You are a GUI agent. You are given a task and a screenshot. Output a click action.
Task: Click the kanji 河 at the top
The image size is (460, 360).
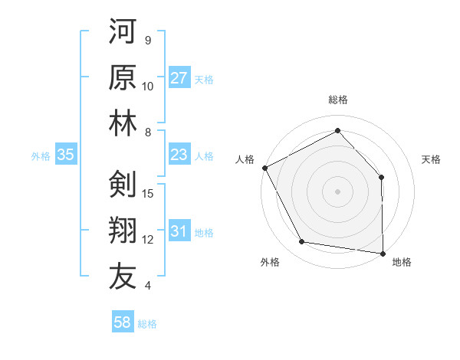click(123, 34)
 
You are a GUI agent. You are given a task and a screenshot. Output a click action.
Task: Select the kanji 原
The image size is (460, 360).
click(123, 80)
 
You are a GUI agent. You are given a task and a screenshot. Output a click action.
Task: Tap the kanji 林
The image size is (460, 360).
click(123, 125)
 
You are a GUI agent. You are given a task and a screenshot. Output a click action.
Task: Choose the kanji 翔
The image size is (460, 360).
click(123, 231)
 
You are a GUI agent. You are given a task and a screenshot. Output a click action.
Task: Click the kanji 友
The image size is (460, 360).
click(123, 277)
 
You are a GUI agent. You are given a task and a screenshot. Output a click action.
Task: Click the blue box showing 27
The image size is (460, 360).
click(179, 79)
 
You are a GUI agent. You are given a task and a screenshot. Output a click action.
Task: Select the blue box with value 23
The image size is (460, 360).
click(179, 155)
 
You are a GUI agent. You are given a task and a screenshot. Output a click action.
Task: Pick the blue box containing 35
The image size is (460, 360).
click(65, 155)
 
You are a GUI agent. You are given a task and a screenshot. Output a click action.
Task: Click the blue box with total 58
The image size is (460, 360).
click(123, 323)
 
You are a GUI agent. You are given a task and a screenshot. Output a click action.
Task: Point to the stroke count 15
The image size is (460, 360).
click(149, 194)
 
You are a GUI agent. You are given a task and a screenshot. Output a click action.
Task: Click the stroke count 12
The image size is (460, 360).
click(149, 240)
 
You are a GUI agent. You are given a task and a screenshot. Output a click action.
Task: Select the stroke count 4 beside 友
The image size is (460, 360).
click(147, 286)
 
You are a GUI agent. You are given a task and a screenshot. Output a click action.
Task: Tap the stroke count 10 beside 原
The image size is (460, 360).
click(149, 87)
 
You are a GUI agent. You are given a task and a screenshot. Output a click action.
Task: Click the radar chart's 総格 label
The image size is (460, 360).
click(337, 100)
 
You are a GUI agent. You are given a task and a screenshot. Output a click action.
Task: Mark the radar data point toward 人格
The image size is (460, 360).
click(264, 168)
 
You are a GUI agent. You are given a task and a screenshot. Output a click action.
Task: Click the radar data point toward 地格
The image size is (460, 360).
click(383, 253)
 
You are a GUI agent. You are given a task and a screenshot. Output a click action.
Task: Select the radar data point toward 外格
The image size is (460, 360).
click(302, 242)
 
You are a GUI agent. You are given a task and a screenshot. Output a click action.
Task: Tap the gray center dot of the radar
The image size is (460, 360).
click(337, 191)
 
